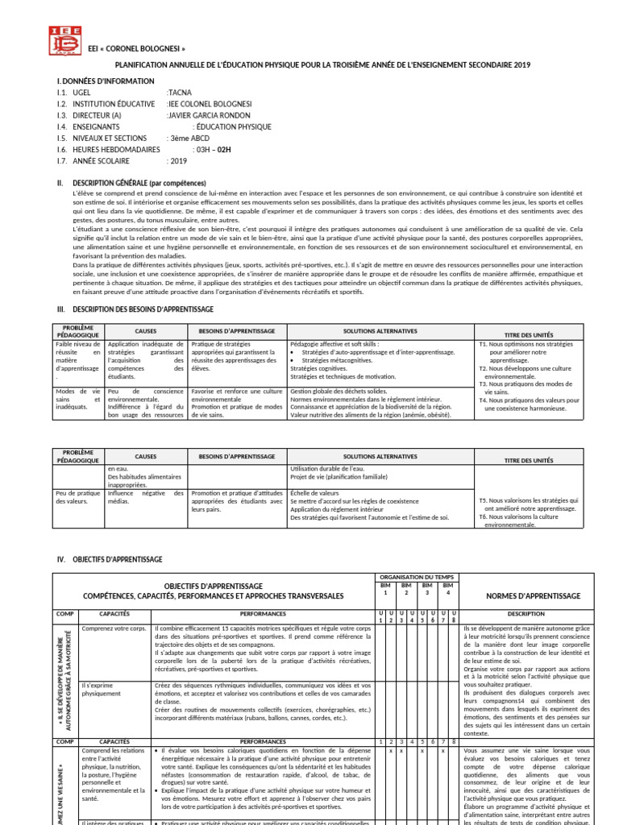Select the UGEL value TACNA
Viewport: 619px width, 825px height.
[x=180, y=93]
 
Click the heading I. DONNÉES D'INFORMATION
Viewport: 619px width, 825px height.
[x=105, y=82]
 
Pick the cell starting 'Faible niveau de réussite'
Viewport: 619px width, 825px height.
[x=78, y=359]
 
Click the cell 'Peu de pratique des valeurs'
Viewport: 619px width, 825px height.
[x=78, y=497]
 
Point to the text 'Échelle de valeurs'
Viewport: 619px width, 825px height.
[x=315, y=493]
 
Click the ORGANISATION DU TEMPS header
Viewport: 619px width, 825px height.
[x=415, y=578]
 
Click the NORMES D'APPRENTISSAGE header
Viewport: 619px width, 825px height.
[x=533, y=595]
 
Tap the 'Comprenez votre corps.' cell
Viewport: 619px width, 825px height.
[x=114, y=628]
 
